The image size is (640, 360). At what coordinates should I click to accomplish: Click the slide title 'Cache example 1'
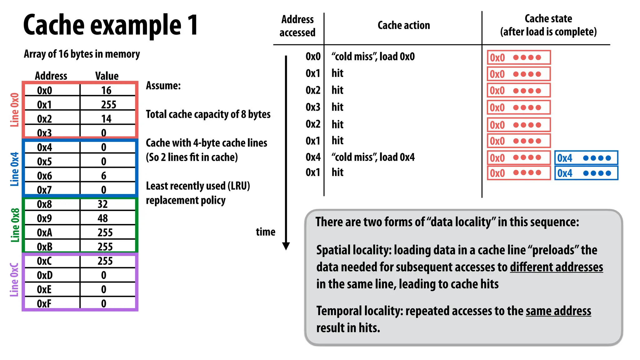pyautogui.click(x=111, y=25)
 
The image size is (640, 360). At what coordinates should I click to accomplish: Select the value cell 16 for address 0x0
pyautogui.click(x=106, y=90)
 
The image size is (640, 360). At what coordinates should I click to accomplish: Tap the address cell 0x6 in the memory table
pyautogui.click(x=44, y=176)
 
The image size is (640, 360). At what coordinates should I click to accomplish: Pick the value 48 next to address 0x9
pyautogui.click(x=103, y=218)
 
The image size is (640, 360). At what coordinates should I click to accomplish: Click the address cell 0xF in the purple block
pyautogui.click(x=44, y=303)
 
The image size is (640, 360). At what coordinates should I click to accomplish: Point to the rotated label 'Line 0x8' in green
pyautogui.click(x=15, y=225)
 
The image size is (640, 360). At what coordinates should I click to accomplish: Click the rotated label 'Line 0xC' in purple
pyautogui.click(x=14, y=280)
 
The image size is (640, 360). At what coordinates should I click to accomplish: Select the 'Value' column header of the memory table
pyautogui.click(x=107, y=76)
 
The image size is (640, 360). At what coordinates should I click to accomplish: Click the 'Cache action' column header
pyautogui.click(x=403, y=25)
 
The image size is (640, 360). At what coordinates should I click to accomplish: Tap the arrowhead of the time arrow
pyautogui.click(x=286, y=246)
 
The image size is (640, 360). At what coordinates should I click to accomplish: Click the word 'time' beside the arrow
pyautogui.click(x=265, y=232)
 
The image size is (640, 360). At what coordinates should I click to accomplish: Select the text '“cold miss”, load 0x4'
pyautogui.click(x=373, y=157)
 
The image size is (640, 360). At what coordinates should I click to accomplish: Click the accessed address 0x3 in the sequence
pyautogui.click(x=313, y=107)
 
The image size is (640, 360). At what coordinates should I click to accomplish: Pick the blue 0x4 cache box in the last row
pyautogui.click(x=586, y=173)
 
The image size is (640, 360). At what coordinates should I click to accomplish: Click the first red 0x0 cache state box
pyautogui.click(x=518, y=57)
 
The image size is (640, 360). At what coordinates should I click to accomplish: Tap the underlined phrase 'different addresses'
pyautogui.click(x=556, y=267)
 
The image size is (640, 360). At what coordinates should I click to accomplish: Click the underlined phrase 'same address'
pyautogui.click(x=558, y=311)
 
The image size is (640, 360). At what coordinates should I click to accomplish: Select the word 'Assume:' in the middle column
pyautogui.click(x=163, y=86)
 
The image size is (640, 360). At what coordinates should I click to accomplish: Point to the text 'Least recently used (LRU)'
pyautogui.click(x=198, y=186)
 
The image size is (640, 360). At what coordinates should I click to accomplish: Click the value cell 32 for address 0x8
pyautogui.click(x=103, y=204)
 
